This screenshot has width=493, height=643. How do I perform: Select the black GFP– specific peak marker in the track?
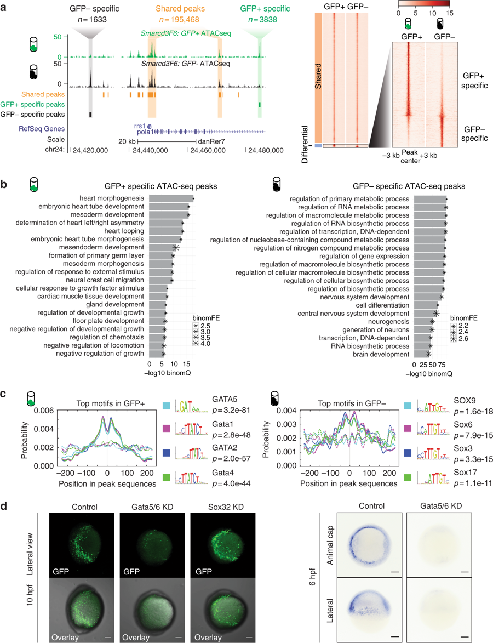point(90,114)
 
